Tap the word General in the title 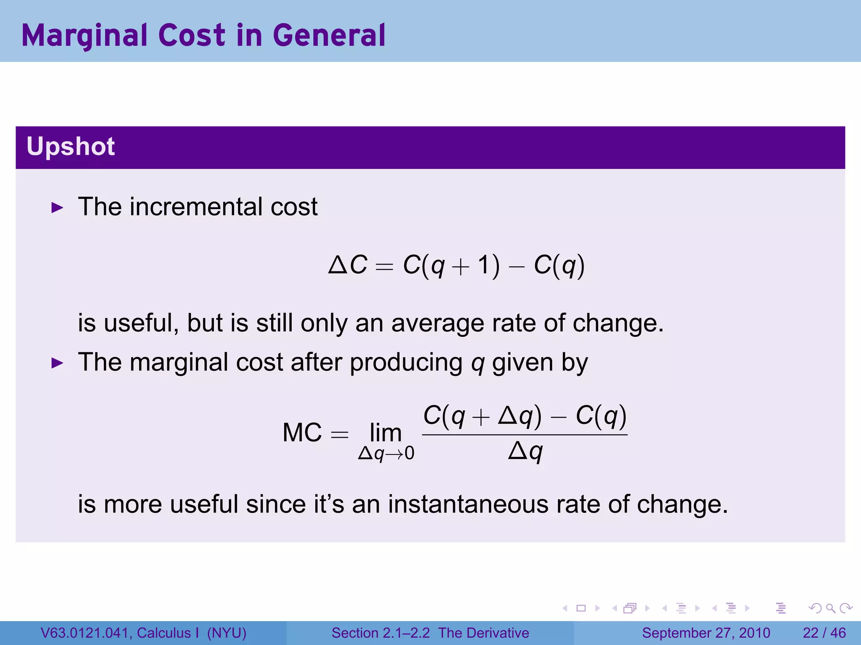click(x=329, y=35)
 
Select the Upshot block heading click(x=71, y=147)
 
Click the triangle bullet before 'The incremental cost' click(x=57, y=207)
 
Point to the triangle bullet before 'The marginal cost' click(x=57, y=363)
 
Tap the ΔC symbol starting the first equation click(x=348, y=265)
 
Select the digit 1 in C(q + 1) click(x=484, y=265)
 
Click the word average click(x=437, y=323)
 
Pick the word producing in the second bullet click(x=406, y=362)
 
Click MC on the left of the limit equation click(x=302, y=433)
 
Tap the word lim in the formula click(x=386, y=433)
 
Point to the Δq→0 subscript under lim click(x=386, y=454)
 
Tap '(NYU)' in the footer click(x=227, y=633)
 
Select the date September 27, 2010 click(x=706, y=633)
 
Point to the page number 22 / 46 click(x=824, y=633)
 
